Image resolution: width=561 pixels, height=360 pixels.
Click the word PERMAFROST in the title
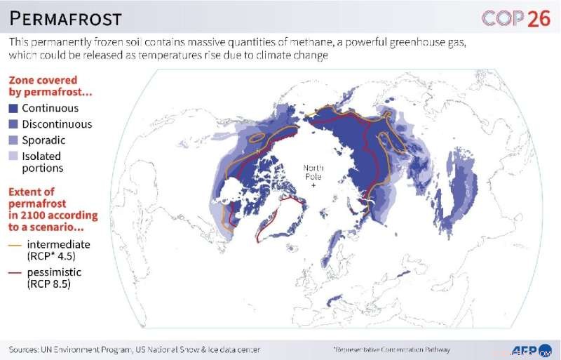(65, 18)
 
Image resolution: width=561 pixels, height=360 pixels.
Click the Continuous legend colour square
(13, 109)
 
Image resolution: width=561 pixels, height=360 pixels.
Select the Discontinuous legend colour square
(13, 124)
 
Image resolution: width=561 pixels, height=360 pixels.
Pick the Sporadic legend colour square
(13, 140)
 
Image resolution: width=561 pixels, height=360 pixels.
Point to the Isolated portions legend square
(13, 156)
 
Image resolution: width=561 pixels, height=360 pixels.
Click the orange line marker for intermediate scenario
(14, 244)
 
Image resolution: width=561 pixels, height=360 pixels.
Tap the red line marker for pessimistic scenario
(14, 272)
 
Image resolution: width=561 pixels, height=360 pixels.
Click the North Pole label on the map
(313, 172)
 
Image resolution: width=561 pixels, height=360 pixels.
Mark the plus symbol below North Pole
(313, 185)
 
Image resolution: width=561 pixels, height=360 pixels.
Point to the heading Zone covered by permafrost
(43, 86)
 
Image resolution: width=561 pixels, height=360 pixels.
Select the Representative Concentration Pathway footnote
(391, 349)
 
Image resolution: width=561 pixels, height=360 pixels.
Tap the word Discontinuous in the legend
(57, 124)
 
